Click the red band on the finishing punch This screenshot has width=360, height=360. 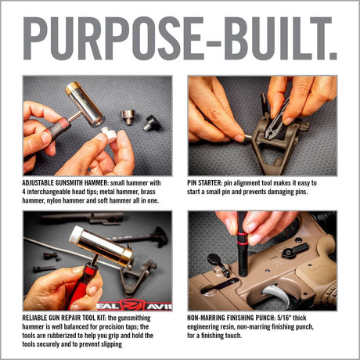[242, 233]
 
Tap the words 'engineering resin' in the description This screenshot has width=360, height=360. [217, 326]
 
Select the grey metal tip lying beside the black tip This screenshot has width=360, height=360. [127, 117]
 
